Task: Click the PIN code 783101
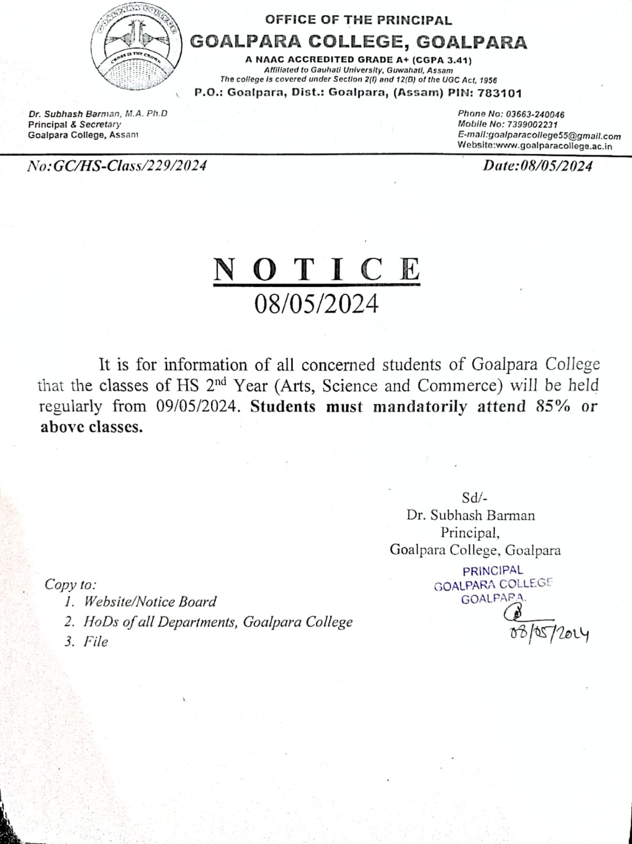coord(500,93)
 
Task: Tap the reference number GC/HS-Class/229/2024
coord(130,166)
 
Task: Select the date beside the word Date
coord(556,166)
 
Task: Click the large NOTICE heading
coord(317,269)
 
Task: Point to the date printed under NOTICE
coord(317,304)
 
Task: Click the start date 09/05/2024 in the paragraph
coord(195,407)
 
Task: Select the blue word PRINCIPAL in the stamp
coord(493,571)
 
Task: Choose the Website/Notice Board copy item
coord(150,602)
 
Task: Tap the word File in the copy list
coord(95,642)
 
